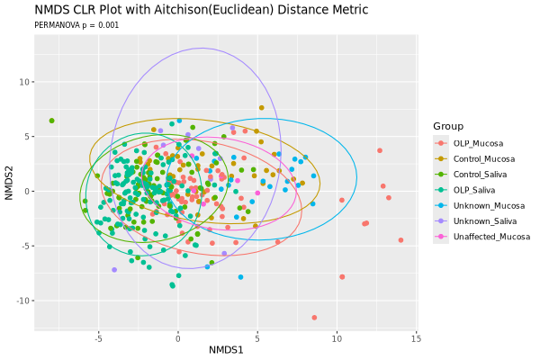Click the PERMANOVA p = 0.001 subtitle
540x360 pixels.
click(76, 26)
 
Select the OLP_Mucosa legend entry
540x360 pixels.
click(478, 143)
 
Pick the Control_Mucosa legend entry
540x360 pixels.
click(483, 158)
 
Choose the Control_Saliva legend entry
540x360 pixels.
click(481, 174)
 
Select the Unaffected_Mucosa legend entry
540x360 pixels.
click(491, 237)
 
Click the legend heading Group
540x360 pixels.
click(447, 125)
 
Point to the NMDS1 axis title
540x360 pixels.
click(225, 349)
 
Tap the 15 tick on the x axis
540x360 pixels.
click(416, 337)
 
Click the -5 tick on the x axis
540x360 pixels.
click(98, 337)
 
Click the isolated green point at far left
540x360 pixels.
click(52, 121)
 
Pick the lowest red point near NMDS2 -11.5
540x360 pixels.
click(314, 318)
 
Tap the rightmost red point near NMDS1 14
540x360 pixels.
click(400, 240)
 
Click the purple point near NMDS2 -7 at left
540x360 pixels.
click(114, 270)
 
